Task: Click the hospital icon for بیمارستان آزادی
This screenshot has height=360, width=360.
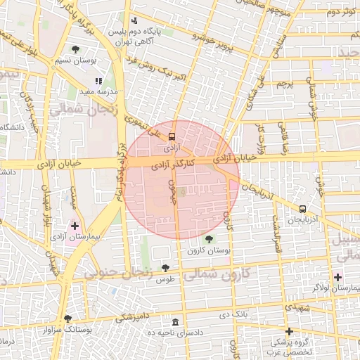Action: click(x=75, y=226)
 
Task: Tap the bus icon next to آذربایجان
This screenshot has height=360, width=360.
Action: click(x=302, y=209)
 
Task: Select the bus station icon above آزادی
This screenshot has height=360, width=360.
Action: click(x=172, y=138)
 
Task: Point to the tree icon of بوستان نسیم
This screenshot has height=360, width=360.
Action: click(x=75, y=49)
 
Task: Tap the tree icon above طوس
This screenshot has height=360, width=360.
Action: click(x=165, y=268)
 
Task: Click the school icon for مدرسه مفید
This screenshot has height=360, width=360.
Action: click(x=98, y=81)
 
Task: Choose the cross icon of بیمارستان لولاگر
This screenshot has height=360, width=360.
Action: click(x=338, y=277)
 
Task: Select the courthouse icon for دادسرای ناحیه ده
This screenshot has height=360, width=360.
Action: click(x=176, y=321)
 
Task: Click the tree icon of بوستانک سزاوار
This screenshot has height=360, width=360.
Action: click(x=67, y=318)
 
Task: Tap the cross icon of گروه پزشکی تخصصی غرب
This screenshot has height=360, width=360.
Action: click(x=288, y=331)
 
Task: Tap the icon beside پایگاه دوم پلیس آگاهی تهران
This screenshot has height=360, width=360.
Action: click(x=134, y=20)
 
